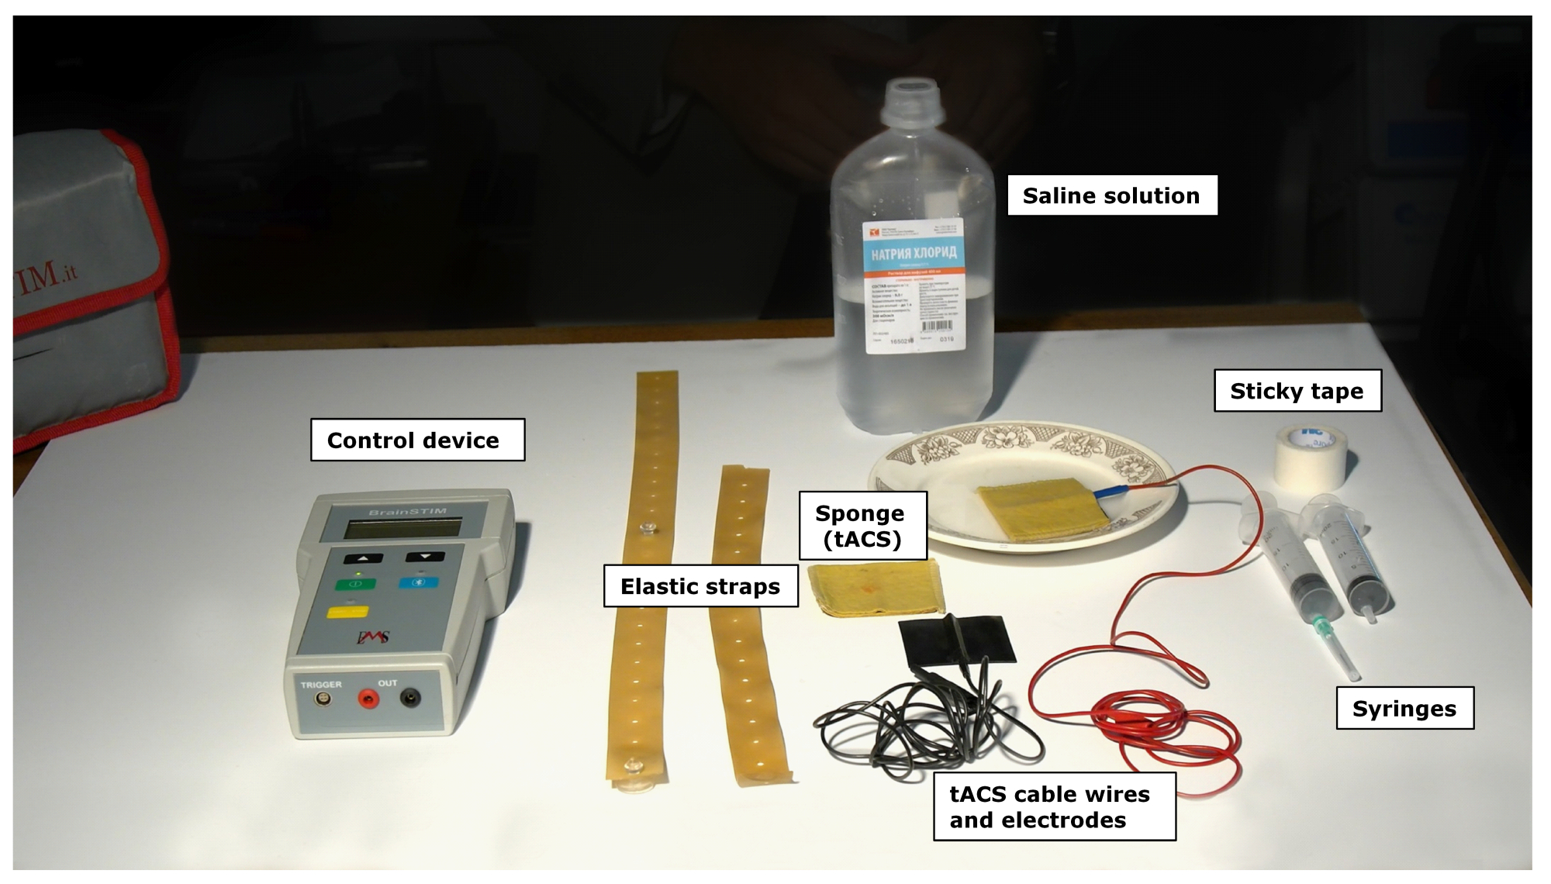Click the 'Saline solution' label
(x=1111, y=195)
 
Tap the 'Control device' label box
(x=417, y=440)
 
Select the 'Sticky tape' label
(x=1297, y=391)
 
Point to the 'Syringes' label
(x=1404, y=708)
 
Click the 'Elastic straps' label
(x=700, y=586)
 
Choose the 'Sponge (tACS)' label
(x=862, y=526)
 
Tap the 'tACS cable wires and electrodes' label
(x=1053, y=806)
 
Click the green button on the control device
(x=356, y=584)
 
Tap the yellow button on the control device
(x=347, y=613)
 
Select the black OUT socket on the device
(x=409, y=699)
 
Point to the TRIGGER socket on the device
(x=320, y=699)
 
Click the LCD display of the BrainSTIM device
(x=403, y=530)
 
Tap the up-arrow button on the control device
(x=364, y=558)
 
